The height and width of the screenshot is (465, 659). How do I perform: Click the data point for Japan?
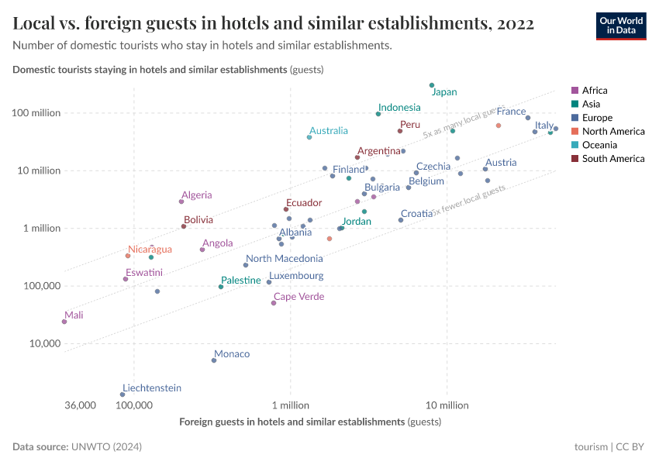tap(432, 85)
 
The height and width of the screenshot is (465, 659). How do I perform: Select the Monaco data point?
tap(214, 360)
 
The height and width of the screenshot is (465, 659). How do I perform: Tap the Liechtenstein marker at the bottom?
tap(122, 394)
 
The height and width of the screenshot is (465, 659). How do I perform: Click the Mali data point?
tap(64, 322)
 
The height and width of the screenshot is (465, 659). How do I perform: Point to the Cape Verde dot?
tap(274, 303)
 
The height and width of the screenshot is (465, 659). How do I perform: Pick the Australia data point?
tap(309, 137)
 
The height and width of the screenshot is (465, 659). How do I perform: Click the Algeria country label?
tap(196, 195)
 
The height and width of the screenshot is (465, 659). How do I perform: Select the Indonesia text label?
tap(399, 108)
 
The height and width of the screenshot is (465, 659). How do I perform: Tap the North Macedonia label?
tap(284, 259)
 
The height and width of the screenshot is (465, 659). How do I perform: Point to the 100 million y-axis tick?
tap(36, 113)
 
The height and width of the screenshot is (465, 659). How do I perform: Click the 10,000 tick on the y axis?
tap(43, 343)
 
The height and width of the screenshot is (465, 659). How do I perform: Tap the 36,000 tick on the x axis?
tap(81, 405)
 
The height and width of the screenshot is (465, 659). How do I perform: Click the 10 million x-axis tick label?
tap(447, 405)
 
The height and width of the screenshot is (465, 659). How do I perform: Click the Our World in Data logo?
tap(620, 26)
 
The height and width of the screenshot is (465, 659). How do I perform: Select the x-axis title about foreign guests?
tap(310, 422)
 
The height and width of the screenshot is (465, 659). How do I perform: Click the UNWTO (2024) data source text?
tap(106, 447)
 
